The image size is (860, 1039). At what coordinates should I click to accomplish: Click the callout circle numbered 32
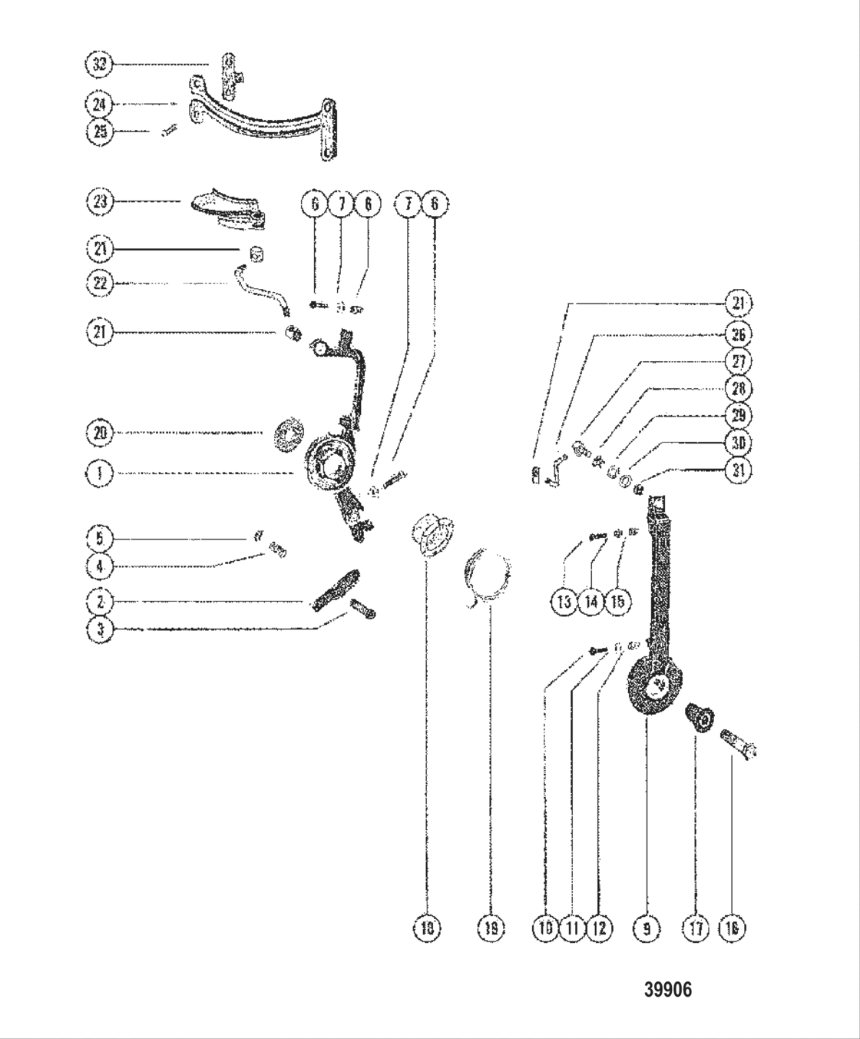pyautogui.click(x=99, y=65)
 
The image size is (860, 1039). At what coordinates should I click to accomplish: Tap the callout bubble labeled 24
pyautogui.click(x=99, y=104)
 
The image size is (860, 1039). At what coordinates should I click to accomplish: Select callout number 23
pyautogui.click(x=99, y=202)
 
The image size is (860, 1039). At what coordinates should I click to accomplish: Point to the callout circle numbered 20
pyautogui.click(x=99, y=433)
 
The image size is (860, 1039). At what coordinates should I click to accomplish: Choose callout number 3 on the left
pyautogui.click(x=99, y=629)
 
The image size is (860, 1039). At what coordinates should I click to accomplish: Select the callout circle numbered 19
pyautogui.click(x=491, y=928)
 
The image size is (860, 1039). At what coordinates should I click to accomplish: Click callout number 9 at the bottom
pyautogui.click(x=646, y=928)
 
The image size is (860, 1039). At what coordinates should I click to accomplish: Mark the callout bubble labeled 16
pyautogui.click(x=731, y=928)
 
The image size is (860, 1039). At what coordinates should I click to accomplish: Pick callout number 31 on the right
pyautogui.click(x=739, y=470)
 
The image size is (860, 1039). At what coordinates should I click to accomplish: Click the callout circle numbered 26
pyautogui.click(x=739, y=334)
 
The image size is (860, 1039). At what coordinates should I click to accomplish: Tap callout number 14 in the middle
pyautogui.click(x=591, y=601)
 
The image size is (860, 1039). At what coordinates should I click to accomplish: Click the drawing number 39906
pyautogui.click(x=667, y=990)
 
